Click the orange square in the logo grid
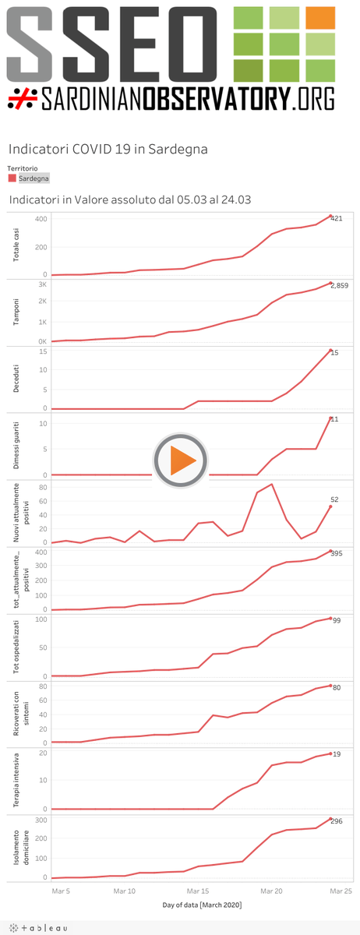click(319, 18)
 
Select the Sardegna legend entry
click(28, 178)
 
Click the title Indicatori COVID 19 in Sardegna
click(108, 149)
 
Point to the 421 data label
click(337, 218)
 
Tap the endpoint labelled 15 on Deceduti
click(335, 353)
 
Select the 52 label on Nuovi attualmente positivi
click(335, 499)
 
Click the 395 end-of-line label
click(337, 553)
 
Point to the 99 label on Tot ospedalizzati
click(337, 620)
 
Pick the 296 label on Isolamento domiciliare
click(337, 820)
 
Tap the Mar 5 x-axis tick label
click(61, 890)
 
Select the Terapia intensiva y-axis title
click(16, 779)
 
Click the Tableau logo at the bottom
click(37, 927)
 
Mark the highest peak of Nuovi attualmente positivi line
click(271, 485)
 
